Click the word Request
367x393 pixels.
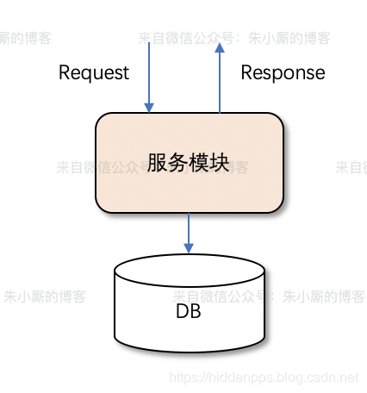click(94, 72)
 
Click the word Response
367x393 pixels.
click(283, 72)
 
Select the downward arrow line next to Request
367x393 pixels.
click(150, 73)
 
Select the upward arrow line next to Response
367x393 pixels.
click(220, 82)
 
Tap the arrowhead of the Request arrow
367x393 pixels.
click(150, 108)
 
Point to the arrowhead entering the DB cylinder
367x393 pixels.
click(189, 248)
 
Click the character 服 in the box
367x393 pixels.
click(157, 163)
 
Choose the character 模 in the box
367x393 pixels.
click(199, 163)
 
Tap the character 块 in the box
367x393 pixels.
click(220, 163)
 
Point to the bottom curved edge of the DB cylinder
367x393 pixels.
click(189, 351)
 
